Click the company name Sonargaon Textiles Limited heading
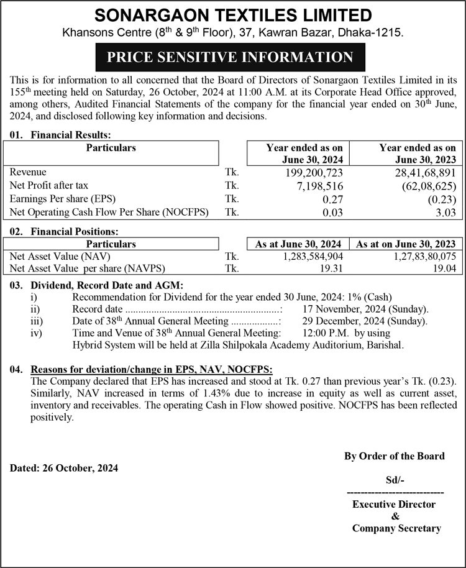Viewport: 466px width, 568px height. (233, 15)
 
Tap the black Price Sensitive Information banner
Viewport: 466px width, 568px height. (230, 58)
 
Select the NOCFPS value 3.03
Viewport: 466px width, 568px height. (446, 213)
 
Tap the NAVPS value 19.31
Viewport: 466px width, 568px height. (330, 268)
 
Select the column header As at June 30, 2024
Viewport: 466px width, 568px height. (298, 244)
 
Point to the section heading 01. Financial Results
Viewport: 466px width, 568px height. (60, 134)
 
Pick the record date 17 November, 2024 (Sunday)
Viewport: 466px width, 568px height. (365, 309)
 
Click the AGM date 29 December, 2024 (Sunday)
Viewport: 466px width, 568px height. (365, 321)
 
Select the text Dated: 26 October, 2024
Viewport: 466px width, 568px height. (64, 467)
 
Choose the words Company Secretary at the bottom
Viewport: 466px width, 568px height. (396, 528)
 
